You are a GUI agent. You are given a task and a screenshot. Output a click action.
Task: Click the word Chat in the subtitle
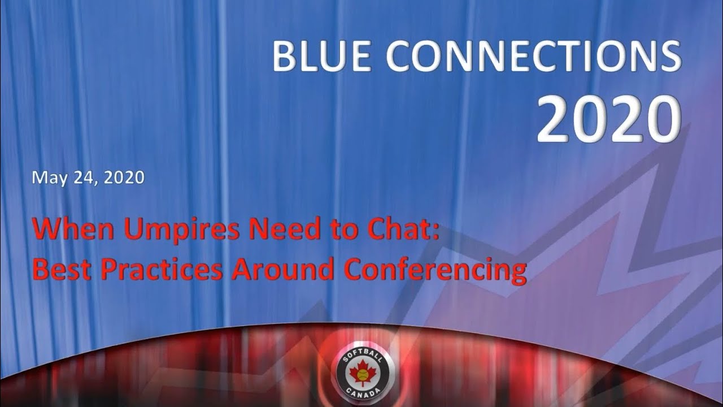coord(393,231)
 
